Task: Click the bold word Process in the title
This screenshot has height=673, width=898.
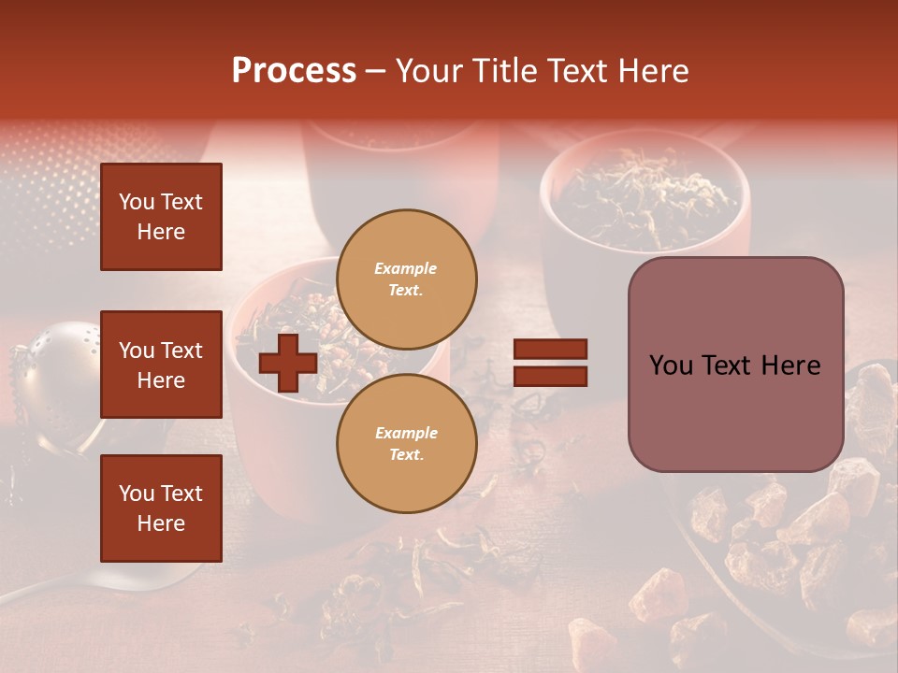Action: (x=294, y=71)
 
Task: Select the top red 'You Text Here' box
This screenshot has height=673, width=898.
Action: (x=161, y=217)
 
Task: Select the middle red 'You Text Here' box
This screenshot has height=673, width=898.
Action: (x=161, y=365)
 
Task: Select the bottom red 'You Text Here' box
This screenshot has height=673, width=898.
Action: (x=161, y=508)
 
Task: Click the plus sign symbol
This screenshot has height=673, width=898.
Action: (x=287, y=363)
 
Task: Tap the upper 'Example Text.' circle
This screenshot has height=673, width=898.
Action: (x=406, y=279)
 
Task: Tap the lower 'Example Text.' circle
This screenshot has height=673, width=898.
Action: (x=406, y=443)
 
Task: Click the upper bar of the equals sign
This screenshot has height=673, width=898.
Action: (x=550, y=350)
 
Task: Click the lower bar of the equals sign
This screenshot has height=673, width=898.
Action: (x=550, y=376)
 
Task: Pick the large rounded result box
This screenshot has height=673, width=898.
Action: (x=735, y=365)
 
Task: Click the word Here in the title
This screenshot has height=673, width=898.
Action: (x=654, y=71)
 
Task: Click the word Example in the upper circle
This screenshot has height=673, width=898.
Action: (x=406, y=268)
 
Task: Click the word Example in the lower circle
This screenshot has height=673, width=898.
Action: (x=406, y=433)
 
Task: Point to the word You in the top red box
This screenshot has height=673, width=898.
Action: (x=137, y=202)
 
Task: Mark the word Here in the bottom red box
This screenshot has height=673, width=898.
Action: (x=161, y=523)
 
